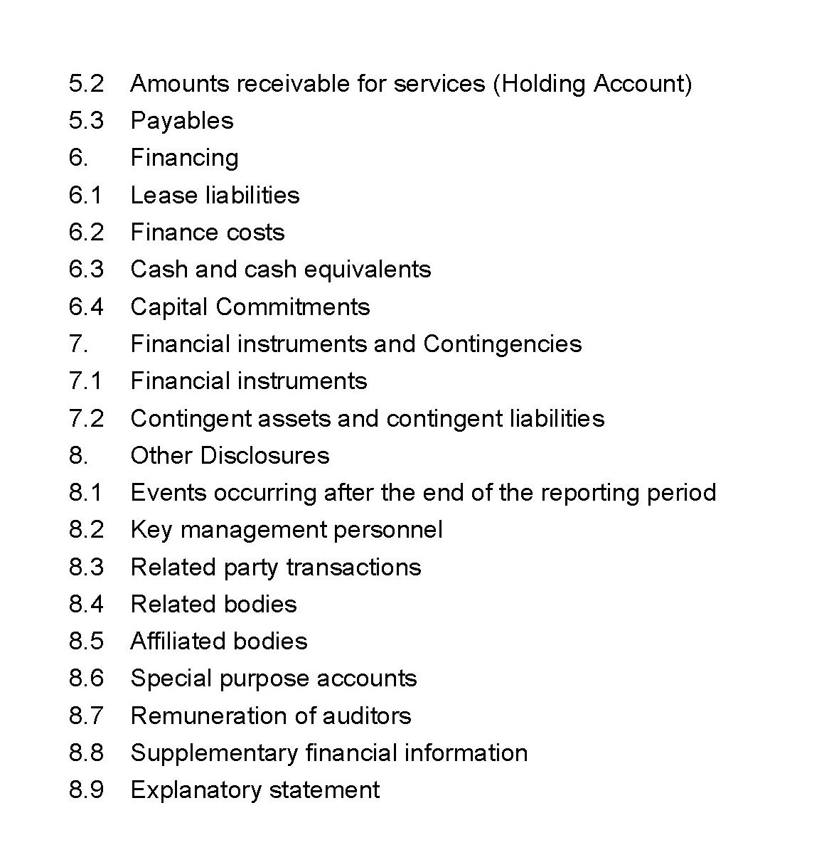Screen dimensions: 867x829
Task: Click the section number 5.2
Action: coord(86,84)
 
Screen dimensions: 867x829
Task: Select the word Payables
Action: coord(182,121)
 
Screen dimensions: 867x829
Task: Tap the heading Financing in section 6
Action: coord(184,158)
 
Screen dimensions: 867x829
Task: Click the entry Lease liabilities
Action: coord(215,195)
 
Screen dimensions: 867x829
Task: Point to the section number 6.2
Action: coord(86,233)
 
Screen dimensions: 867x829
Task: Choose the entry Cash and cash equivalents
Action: coord(280,270)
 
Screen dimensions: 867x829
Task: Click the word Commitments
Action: coord(293,307)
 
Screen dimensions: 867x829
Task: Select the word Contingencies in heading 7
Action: coord(502,344)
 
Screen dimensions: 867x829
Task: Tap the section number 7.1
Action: coord(86,381)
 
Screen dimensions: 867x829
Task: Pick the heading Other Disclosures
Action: coord(230,455)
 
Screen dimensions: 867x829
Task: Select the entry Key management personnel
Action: coord(287,530)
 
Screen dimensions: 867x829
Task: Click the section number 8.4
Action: coord(86,605)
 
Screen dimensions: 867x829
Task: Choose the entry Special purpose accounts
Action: coord(274,679)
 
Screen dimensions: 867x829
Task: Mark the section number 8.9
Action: coord(86,790)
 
